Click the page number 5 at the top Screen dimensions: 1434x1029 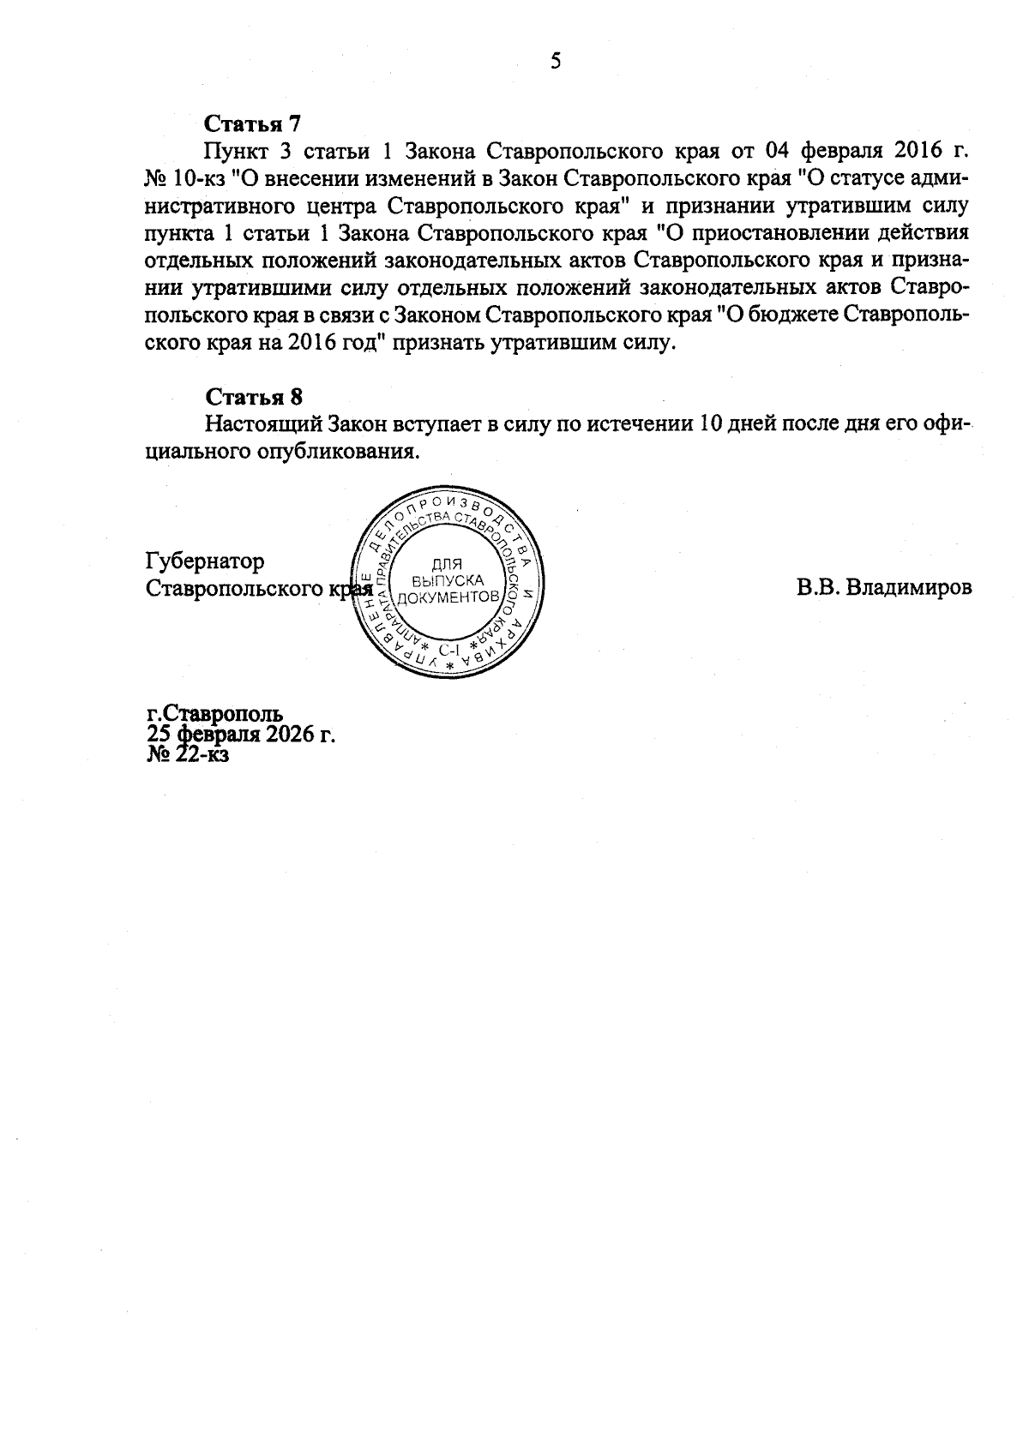tap(555, 61)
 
